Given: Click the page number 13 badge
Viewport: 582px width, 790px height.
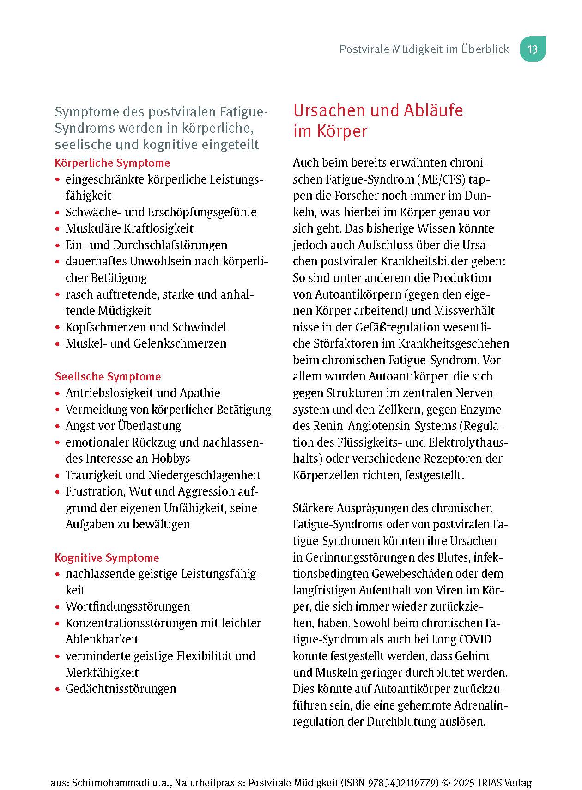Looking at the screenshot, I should [533, 49].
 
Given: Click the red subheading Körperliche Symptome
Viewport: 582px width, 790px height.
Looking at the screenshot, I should [112, 163].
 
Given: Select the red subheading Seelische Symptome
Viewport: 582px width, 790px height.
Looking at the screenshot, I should [108, 377].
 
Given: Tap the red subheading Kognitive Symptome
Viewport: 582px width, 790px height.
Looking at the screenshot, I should [107, 558].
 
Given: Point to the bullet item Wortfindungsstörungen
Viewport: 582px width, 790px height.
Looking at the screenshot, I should [127, 606].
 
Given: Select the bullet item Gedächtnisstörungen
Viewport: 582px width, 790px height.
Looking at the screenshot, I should [121, 689].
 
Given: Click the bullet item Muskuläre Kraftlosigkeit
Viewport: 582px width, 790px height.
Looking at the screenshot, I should [129, 228].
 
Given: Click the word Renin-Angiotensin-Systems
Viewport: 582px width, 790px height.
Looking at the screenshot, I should [375, 426].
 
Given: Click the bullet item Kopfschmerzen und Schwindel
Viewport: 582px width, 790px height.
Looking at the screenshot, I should [145, 327].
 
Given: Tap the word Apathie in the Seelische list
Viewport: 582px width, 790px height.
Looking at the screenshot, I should [200, 393].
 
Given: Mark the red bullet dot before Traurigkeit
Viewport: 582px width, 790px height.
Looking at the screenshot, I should [57, 476].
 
